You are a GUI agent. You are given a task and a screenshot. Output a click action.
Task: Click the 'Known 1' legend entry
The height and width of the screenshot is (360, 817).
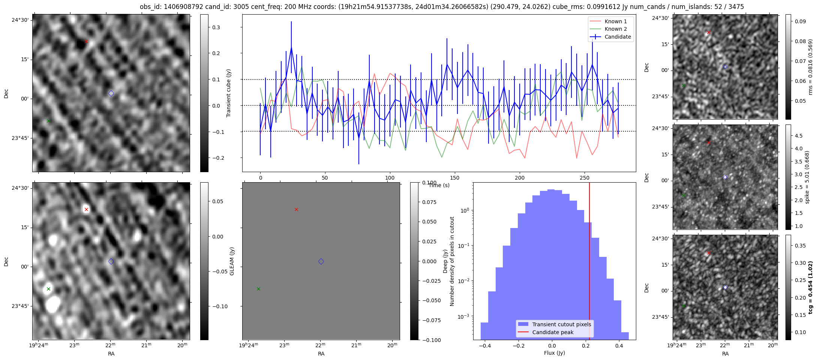pos(615,21)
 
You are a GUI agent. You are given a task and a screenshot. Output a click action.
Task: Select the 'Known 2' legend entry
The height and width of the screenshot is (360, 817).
pos(615,29)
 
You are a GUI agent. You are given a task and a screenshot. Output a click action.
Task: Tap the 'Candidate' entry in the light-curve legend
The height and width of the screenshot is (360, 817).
pos(618,37)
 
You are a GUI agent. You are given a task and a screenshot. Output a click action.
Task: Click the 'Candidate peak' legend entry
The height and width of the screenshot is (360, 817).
pos(553,332)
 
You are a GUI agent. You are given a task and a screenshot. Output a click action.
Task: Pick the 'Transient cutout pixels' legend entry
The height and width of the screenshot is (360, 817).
pos(561,324)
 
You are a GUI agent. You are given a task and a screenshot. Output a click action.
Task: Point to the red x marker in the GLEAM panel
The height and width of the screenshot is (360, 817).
pos(296,209)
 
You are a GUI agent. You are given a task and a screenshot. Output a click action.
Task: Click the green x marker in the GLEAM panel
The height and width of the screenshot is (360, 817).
pos(258,289)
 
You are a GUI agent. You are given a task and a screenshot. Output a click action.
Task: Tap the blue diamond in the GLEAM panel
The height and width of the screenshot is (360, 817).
pos(321,261)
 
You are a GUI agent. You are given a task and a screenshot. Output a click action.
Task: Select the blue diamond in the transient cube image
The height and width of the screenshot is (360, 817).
pos(111,93)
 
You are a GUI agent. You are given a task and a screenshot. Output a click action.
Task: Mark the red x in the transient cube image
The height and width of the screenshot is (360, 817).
pos(86,41)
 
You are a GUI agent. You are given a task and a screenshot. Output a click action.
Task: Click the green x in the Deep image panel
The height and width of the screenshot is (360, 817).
pos(48,289)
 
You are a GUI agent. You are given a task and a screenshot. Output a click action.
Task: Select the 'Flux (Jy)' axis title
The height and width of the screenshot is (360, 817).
pos(554,353)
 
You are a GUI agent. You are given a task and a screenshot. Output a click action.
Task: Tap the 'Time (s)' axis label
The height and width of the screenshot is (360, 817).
pos(439,185)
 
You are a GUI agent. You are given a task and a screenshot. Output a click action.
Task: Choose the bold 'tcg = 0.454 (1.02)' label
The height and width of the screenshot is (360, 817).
pos(810,287)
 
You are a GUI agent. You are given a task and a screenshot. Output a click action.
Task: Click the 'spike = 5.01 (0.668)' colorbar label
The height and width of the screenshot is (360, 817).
pos(807,177)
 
